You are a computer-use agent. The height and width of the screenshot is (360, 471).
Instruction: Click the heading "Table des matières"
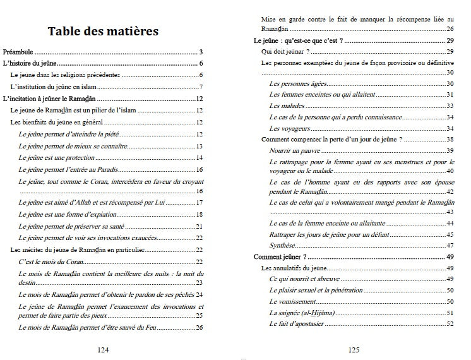tap(103, 31)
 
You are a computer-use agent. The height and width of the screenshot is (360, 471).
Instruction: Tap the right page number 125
tap(354, 349)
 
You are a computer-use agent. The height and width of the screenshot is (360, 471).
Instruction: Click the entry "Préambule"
tap(18, 52)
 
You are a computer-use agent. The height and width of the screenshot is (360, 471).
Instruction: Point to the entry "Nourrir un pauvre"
tap(295, 150)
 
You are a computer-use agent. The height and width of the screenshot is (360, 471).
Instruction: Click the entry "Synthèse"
tap(282, 245)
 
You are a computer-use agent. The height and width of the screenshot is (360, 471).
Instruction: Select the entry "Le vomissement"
tap(292, 302)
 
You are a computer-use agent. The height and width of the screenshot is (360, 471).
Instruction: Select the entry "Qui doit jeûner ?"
tap(285, 51)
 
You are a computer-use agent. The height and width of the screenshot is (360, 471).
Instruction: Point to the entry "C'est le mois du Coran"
tap(51, 261)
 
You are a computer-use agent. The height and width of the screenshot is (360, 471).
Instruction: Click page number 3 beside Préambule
tap(200, 52)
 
